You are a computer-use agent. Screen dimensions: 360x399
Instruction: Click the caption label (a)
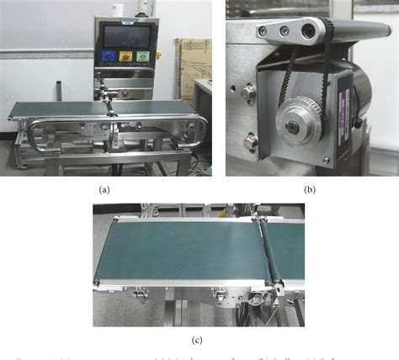point(104,190)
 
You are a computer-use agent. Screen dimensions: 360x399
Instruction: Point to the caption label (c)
point(197,340)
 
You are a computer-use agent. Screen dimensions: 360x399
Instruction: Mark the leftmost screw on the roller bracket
point(263,31)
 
